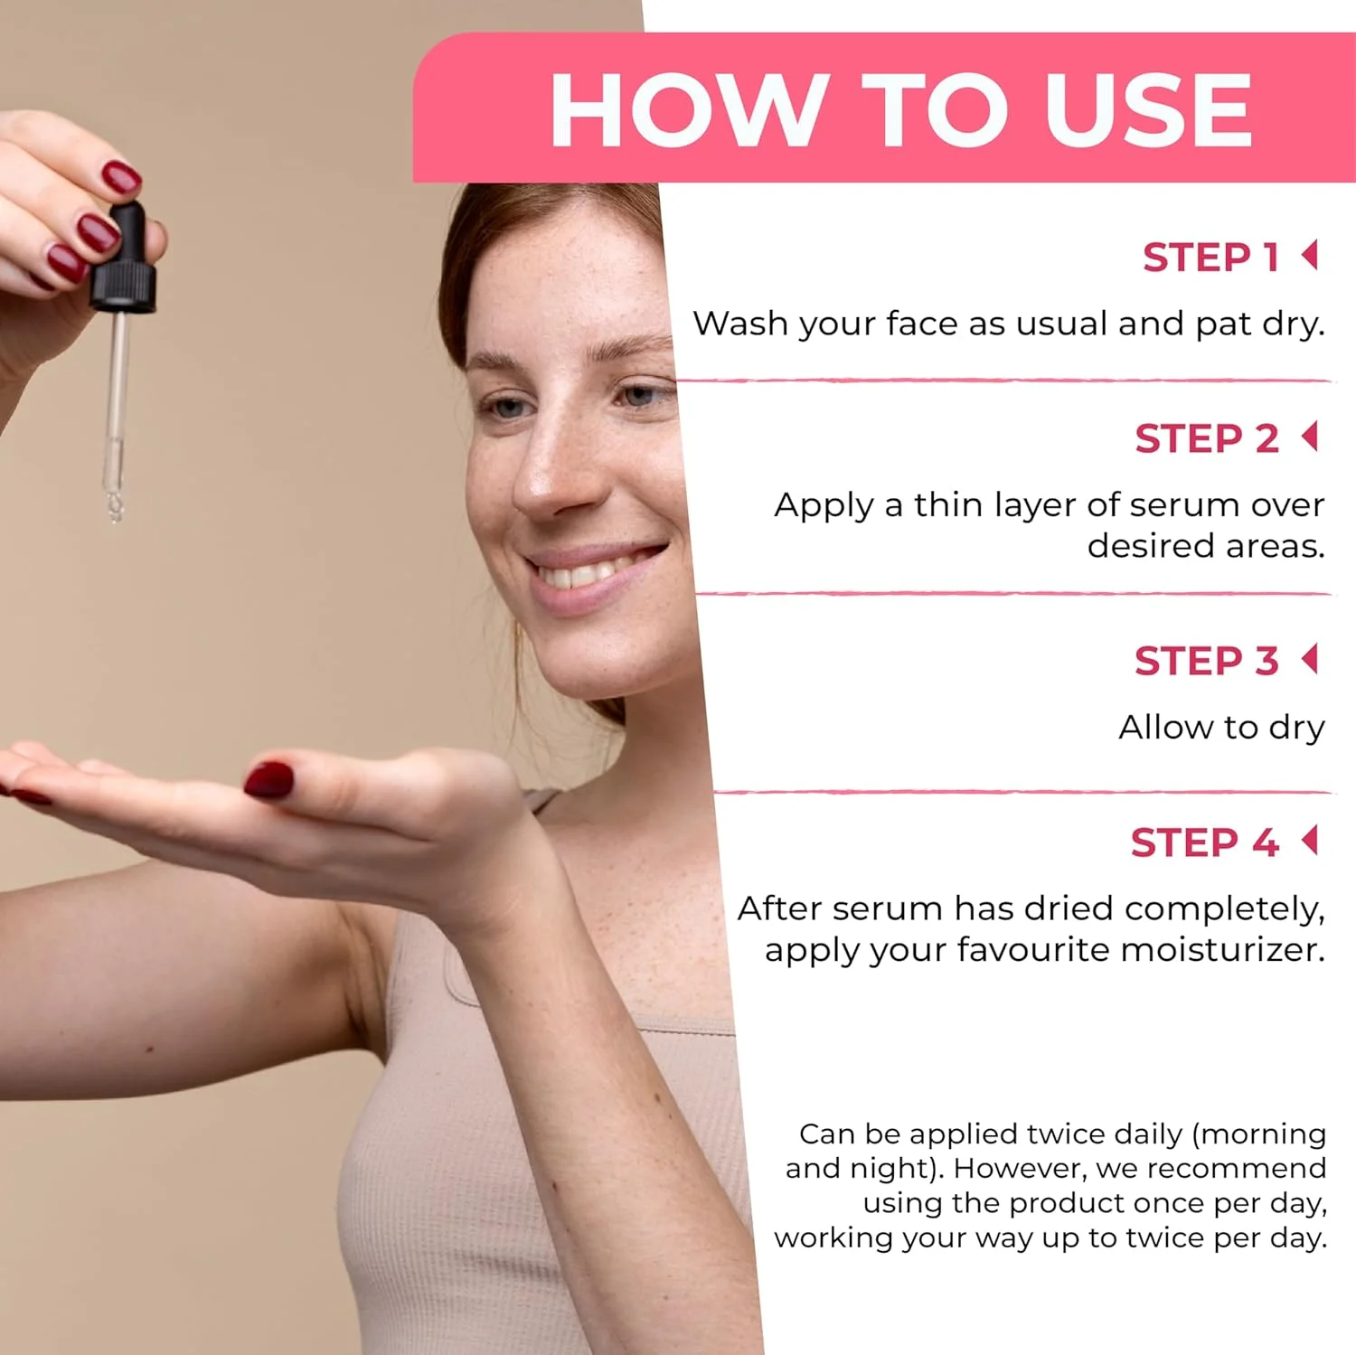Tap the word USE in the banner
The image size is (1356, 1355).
(x=1148, y=109)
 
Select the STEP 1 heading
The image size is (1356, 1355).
(x=1211, y=258)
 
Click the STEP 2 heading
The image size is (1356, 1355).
(x=1207, y=439)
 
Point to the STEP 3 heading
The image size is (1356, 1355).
(x=1207, y=662)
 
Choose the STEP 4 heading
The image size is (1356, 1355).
(x=1205, y=843)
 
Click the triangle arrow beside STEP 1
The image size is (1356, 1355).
(x=1310, y=255)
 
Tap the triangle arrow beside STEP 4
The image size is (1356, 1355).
(x=1310, y=840)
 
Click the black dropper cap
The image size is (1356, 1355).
(x=124, y=260)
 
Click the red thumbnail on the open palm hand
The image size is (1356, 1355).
(x=269, y=780)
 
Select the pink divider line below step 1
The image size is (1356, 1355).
(x=1003, y=381)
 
